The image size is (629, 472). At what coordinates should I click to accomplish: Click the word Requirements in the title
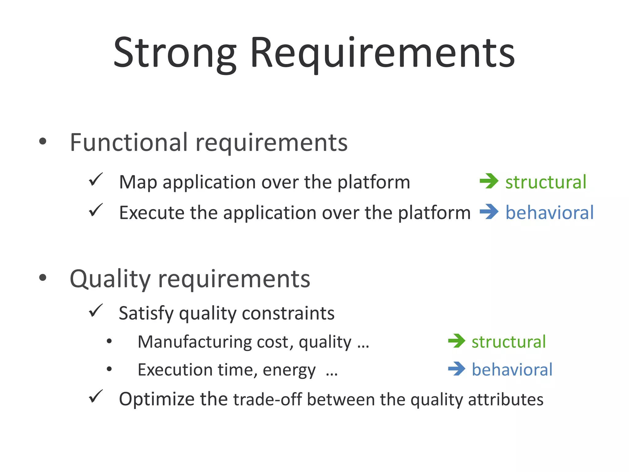pos(382,53)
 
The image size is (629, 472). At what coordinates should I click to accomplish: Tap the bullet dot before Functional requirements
pos(43,141)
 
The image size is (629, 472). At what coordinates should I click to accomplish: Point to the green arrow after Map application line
pos(489,181)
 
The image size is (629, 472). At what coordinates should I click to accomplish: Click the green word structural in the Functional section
pos(546,182)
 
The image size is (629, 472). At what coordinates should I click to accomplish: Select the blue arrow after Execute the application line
pos(489,212)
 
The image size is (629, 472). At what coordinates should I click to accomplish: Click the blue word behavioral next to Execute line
pos(549,213)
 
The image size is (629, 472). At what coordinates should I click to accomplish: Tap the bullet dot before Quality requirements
pos(43,278)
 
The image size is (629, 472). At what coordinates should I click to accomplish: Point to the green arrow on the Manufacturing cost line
pos(457,341)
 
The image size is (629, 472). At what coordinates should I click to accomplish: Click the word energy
pos(289,370)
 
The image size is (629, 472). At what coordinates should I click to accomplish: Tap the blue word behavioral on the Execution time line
pos(512,369)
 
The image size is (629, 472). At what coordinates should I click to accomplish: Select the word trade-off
pos(268,399)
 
